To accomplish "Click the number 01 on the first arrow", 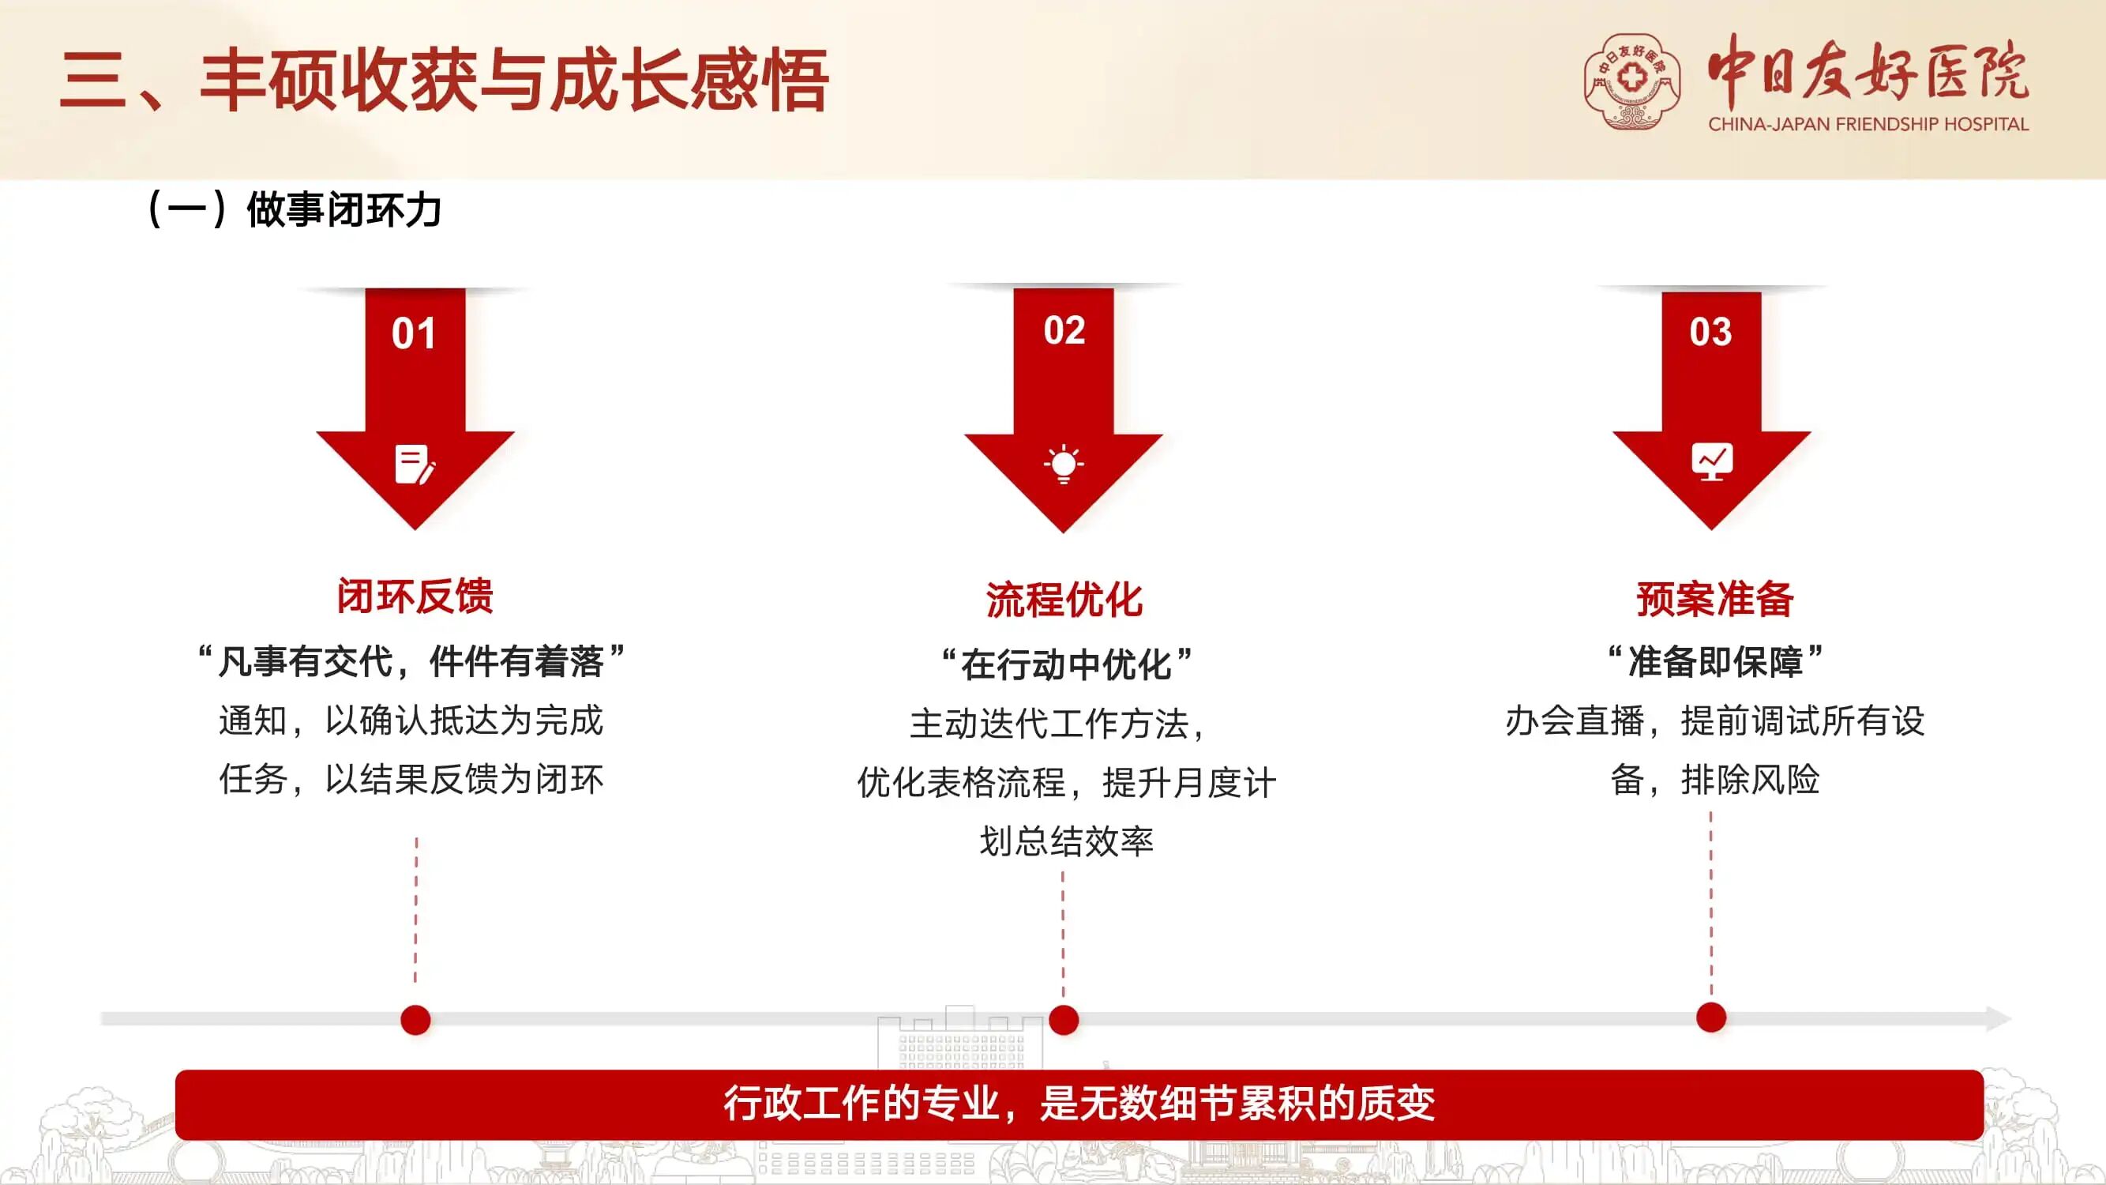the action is click(x=413, y=333).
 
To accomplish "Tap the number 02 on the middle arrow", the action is click(x=1064, y=329).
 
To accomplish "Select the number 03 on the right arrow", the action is click(x=1710, y=331).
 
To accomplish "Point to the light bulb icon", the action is click(x=1064, y=465).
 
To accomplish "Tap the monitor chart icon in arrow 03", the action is click(x=1712, y=461).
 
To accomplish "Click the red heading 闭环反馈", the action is click(x=415, y=596).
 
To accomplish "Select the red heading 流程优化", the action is click(x=1064, y=600).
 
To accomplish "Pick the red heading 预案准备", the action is click(x=1714, y=599).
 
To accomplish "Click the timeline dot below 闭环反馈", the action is click(x=415, y=1020).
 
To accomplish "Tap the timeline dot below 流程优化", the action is click(x=1064, y=1020).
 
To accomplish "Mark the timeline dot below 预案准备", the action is click(x=1711, y=1018).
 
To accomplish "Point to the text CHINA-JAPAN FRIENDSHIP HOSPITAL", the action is click(x=1868, y=124).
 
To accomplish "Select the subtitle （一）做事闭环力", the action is click(x=293, y=209).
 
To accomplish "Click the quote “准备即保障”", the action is click(x=1714, y=660).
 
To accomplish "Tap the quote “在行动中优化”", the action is click(x=1065, y=664).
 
